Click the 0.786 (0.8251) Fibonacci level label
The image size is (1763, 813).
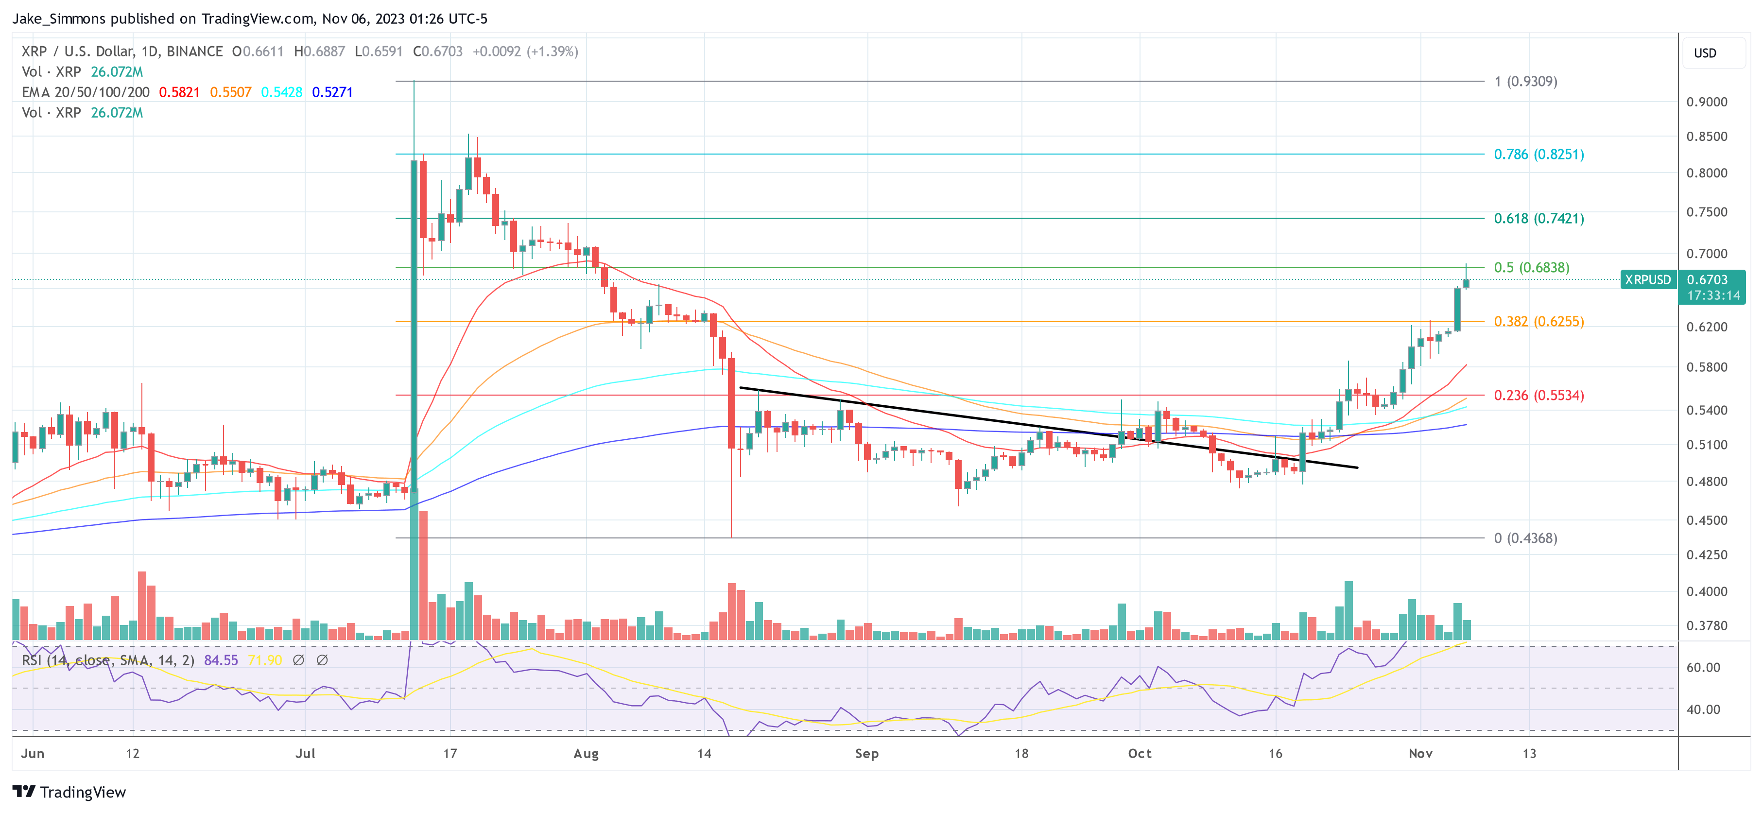tap(1538, 154)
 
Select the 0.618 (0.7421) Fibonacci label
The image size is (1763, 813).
tap(1538, 218)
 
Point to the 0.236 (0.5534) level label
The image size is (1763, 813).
tap(1538, 396)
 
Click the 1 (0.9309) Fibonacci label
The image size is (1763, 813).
tap(1525, 82)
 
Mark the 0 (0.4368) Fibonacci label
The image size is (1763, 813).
tap(1525, 538)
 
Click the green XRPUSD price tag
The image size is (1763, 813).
tap(1647, 280)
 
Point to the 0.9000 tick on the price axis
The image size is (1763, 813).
tap(1706, 102)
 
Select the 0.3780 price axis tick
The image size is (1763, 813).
tap(1706, 625)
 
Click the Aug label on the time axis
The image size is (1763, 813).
tap(586, 753)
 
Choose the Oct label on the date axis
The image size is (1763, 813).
tap(1140, 753)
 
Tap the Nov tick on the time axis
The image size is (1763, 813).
tap(1420, 753)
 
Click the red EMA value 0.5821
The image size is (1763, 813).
tap(179, 92)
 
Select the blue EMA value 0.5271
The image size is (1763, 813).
tap(332, 92)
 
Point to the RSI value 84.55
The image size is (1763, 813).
tap(221, 660)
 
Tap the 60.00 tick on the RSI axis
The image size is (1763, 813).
tap(1703, 667)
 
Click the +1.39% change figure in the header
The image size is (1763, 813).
tap(553, 52)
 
